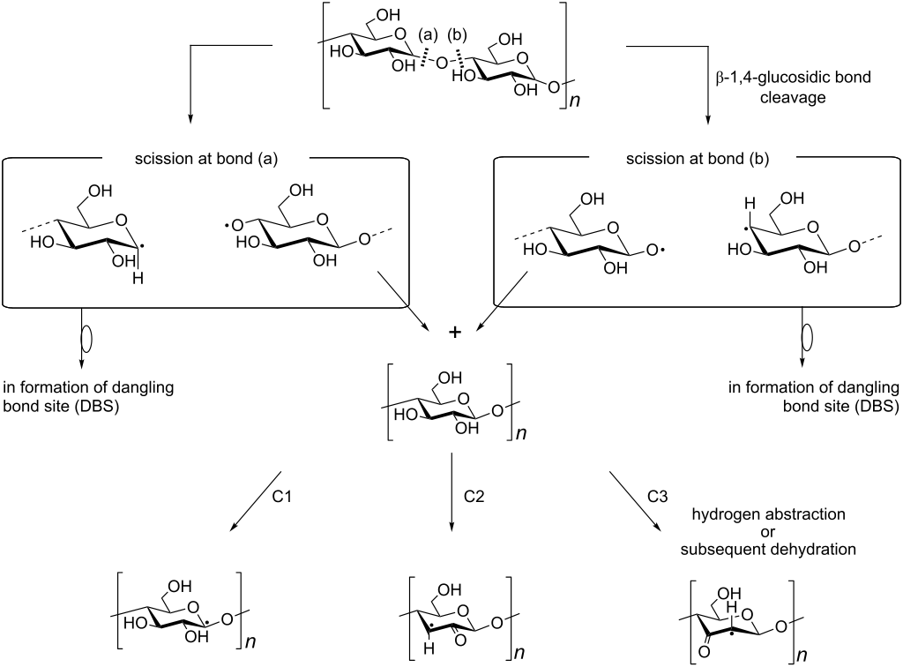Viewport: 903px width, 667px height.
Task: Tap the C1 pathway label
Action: pos(282,496)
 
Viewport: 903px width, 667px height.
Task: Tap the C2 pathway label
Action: pos(475,496)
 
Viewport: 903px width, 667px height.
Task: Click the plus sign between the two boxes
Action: pos(455,332)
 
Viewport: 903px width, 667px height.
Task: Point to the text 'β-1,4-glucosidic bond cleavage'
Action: pos(793,87)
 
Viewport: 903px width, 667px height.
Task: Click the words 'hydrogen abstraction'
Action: pos(773,513)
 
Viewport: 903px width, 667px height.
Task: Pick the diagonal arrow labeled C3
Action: pos(633,501)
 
